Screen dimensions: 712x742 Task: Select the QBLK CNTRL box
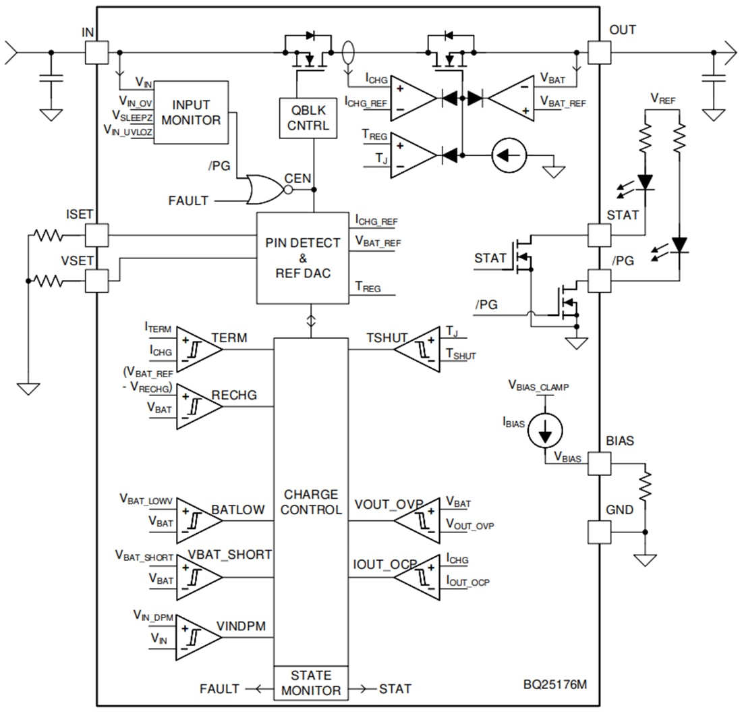[308, 117]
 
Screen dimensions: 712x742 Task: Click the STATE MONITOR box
[310, 682]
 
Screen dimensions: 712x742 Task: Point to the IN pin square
[96, 52]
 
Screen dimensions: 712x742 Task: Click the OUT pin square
[599, 52]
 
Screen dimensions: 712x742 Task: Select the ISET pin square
[96, 236]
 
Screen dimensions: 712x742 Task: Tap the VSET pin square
[96, 280]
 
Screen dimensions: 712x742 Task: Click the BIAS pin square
[599, 463]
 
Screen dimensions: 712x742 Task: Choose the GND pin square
[599, 532]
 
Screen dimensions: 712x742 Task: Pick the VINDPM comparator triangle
[195, 638]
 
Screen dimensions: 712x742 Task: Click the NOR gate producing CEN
[264, 190]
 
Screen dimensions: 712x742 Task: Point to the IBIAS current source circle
[545, 429]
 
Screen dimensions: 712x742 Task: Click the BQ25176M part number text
[555, 684]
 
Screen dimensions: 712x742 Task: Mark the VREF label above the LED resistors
[663, 99]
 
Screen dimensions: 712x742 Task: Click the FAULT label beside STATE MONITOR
[219, 689]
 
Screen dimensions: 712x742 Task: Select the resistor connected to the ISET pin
[49, 236]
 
